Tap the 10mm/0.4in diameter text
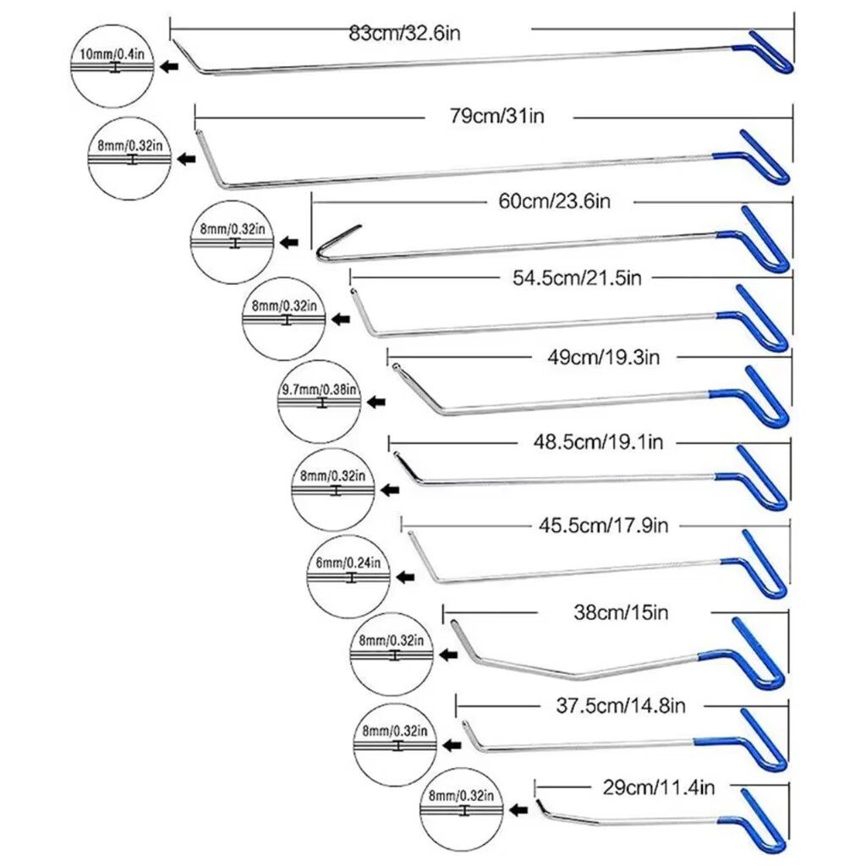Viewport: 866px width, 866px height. click(x=112, y=53)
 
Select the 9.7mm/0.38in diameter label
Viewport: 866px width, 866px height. click(x=319, y=390)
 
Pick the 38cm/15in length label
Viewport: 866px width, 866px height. click(x=621, y=611)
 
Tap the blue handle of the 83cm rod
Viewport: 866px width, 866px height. click(x=771, y=52)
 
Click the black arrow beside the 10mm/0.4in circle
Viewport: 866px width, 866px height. click(x=170, y=67)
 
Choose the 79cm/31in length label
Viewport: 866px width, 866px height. click(x=496, y=115)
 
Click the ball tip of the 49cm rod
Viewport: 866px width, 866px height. click(x=394, y=366)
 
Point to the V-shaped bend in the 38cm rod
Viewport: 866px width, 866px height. click(x=581, y=675)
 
